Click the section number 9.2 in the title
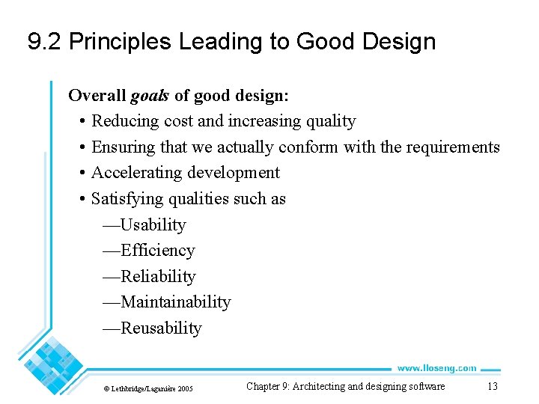click(x=44, y=42)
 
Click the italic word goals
click(x=150, y=96)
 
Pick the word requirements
click(x=452, y=147)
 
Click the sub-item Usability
click(x=153, y=225)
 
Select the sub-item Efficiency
click(x=157, y=251)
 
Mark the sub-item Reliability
click(x=158, y=277)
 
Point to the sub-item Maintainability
click(x=175, y=302)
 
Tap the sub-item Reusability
click(x=161, y=328)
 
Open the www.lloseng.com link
click(x=436, y=368)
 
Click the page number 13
click(x=492, y=386)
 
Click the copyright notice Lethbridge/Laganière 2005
click(x=148, y=388)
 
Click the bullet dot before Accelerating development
click(x=80, y=173)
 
